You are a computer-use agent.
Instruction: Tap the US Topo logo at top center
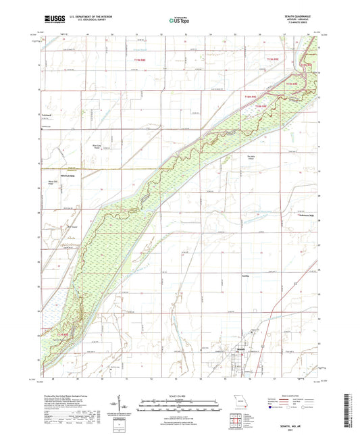[178, 20]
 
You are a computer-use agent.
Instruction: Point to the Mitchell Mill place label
[53, 176]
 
